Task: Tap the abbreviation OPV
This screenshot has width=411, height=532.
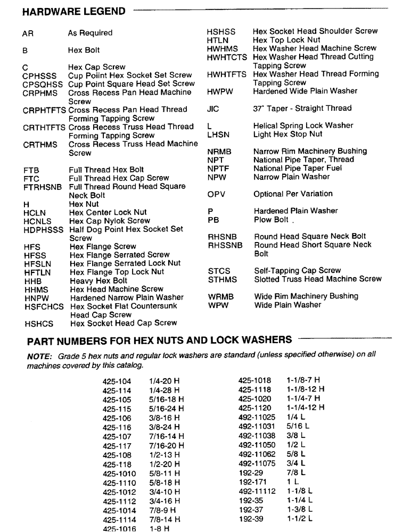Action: pos(216,194)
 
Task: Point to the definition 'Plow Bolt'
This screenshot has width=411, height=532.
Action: pos(272,220)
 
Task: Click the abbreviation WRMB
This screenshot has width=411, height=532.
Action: pos(220,296)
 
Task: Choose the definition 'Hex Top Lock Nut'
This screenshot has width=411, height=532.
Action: pos(286,40)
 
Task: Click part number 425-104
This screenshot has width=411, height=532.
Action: pos(116,381)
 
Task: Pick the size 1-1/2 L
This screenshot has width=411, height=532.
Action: pos(300,518)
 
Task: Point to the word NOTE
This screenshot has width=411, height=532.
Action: pos(38,355)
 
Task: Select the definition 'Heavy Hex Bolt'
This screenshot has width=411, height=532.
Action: pos(98,280)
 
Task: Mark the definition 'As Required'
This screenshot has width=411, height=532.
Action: pos(90,33)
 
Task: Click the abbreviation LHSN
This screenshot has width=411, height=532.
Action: pos(217,134)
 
